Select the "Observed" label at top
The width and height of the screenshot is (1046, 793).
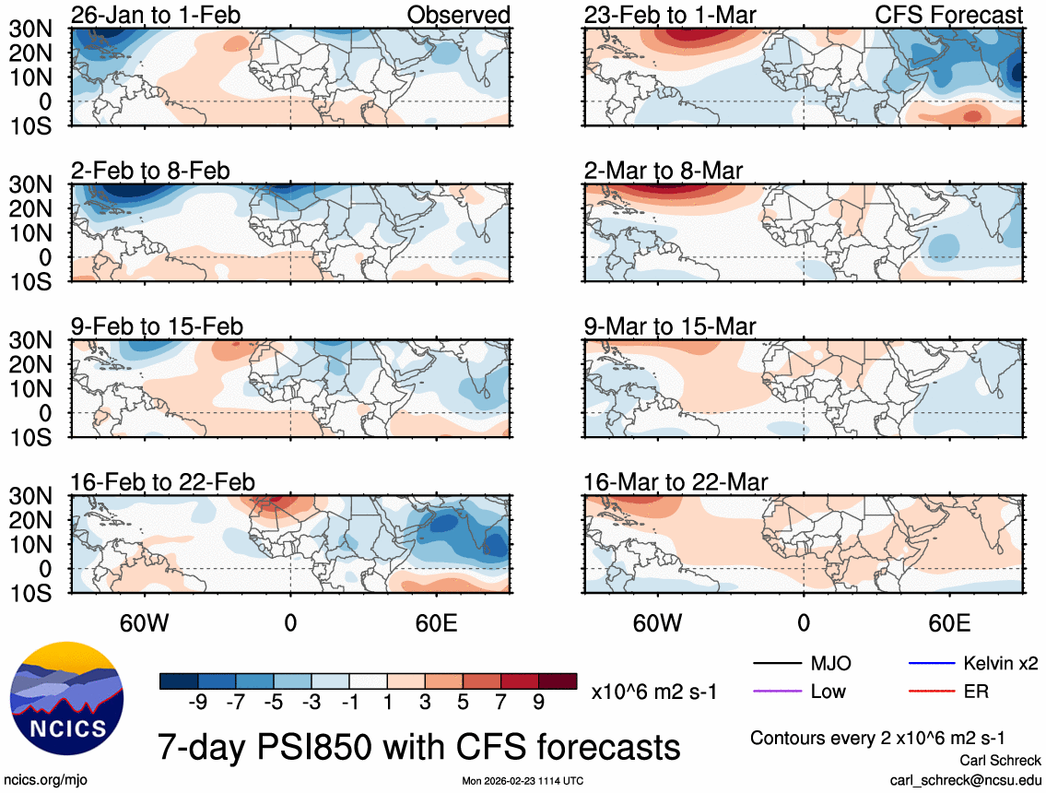click(460, 15)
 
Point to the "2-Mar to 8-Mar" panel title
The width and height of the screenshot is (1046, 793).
click(664, 171)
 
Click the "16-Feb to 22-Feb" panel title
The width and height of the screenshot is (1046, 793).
click(163, 482)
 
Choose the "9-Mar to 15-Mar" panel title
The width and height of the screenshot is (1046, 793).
click(669, 326)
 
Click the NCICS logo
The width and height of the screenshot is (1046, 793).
click(65, 698)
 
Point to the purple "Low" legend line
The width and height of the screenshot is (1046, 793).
click(775, 692)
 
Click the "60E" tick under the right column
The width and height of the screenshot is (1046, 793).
click(948, 622)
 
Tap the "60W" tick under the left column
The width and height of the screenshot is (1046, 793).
click(146, 622)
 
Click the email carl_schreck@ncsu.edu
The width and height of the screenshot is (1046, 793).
click(965, 779)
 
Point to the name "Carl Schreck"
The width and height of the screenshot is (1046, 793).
click(1000, 761)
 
